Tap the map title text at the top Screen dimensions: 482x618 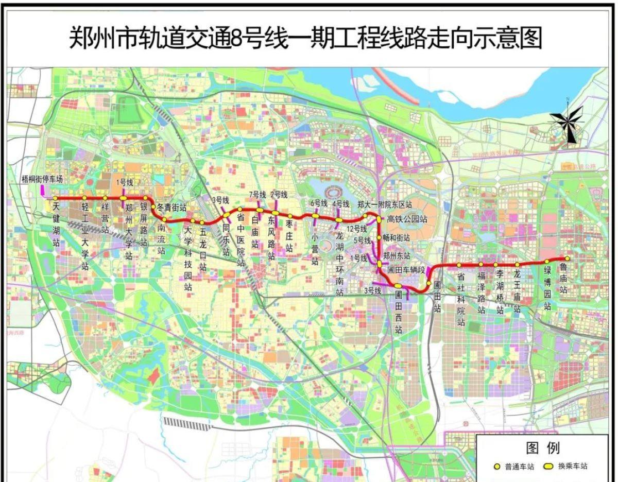pyautogui.click(x=306, y=38)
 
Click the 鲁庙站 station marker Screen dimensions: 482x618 pyautogui.click(x=567, y=259)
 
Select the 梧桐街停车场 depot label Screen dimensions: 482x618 pyautogui.click(x=42, y=180)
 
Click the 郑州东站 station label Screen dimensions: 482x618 pyautogui.click(x=397, y=255)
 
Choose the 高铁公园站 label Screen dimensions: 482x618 pyautogui.click(x=407, y=219)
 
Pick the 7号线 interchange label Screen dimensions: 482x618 pyautogui.click(x=257, y=194)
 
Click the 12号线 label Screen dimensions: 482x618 pyautogui.click(x=356, y=229)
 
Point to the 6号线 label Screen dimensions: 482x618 pyautogui.click(x=319, y=203)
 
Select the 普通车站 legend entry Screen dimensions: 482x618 pyautogui.click(x=514, y=467)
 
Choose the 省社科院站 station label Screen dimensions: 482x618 pyautogui.click(x=461, y=299)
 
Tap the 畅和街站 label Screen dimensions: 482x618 pyautogui.click(x=396, y=238)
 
